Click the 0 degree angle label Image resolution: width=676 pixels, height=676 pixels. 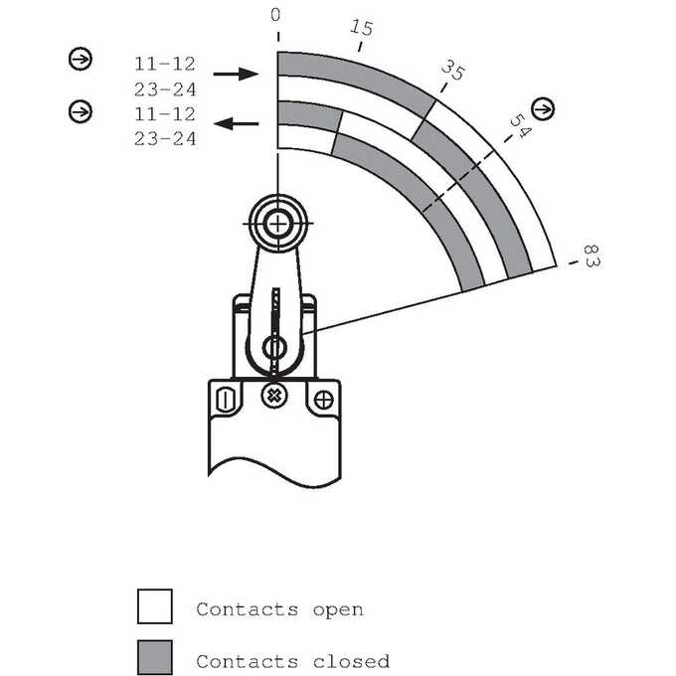point(275,15)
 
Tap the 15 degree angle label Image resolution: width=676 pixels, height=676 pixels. point(361,28)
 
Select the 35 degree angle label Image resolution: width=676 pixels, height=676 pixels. point(453,71)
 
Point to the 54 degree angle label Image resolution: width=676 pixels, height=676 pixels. point(521,126)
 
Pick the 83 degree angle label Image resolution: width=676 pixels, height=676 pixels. point(591,256)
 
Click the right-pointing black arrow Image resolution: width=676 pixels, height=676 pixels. point(236,75)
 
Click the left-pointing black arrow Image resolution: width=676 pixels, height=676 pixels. point(237,123)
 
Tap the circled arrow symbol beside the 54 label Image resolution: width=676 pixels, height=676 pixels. point(543,109)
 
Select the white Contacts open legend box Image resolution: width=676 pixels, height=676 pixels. point(155,606)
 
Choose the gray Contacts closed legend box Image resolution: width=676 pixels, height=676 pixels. point(155,657)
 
